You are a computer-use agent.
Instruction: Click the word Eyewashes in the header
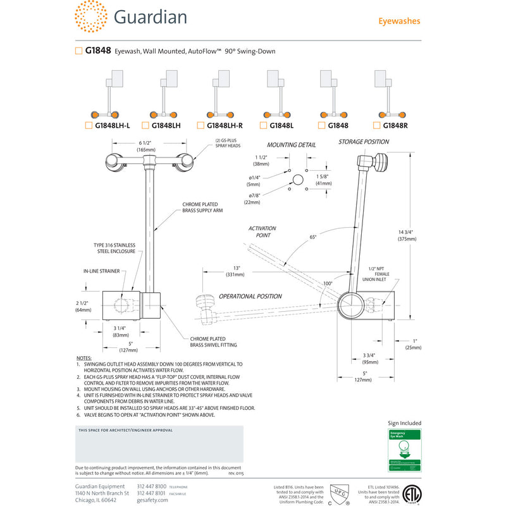pyautogui.click(x=399, y=21)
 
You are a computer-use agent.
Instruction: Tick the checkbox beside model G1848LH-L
pyautogui.click(x=88, y=125)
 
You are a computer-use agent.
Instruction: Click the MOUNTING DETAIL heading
pyautogui.click(x=291, y=145)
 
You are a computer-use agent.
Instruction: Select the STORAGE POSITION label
pyautogui.click(x=363, y=142)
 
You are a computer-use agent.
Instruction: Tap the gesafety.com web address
pyautogui.click(x=152, y=500)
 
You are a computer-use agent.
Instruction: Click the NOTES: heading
pyautogui.click(x=83, y=358)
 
